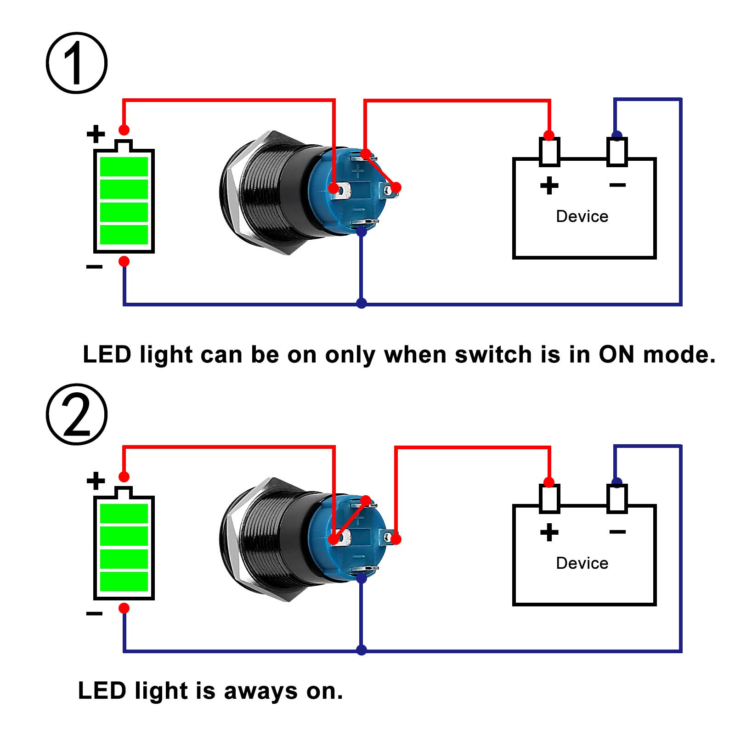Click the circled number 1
[x=76, y=63]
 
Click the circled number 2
[x=76, y=414]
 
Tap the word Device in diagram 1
[x=582, y=216]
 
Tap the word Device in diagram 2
[x=582, y=563]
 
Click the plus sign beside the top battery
[x=96, y=134]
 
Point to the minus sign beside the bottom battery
[x=94, y=613]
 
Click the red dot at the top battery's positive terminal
[x=124, y=130]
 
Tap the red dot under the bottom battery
[x=124, y=608]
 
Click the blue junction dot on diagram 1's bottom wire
[x=362, y=303]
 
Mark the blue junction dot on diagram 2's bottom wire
[x=362, y=650]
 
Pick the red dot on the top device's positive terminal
[x=549, y=135]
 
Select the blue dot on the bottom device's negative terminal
[x=617, y=482]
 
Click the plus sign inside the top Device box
[x=549, y=186]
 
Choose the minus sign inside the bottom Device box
[x=617, y=532]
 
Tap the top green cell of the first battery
[x=124, y=167]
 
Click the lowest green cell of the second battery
[x=124, y=582]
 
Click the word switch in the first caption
[x=493, y=355]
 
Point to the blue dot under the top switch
[x=362, y=231]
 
